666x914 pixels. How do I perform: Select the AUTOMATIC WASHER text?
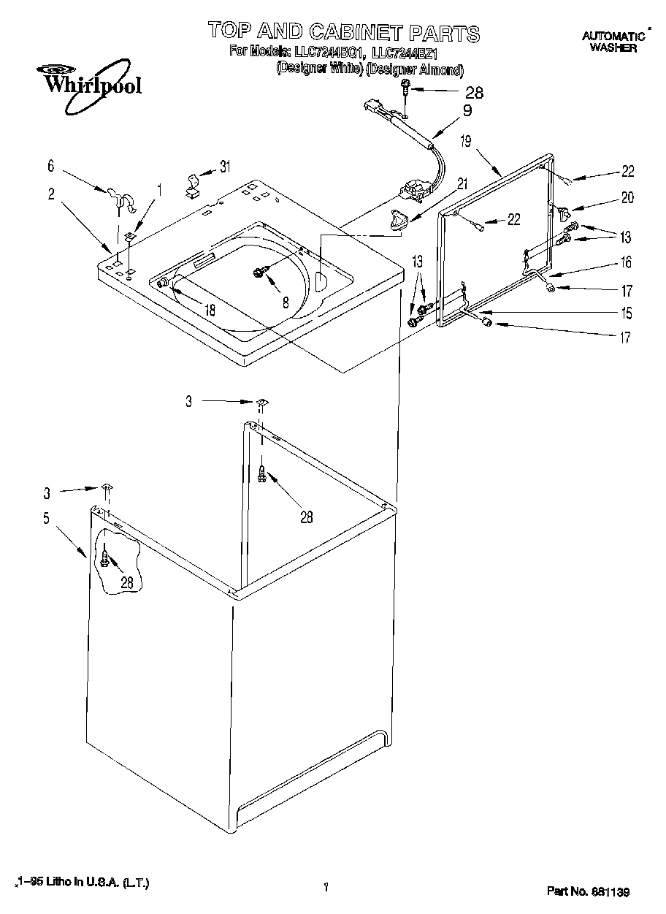pyautogui.click(x=613, y=42)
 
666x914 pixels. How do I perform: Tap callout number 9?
pyautogui.click(x=467, y=111)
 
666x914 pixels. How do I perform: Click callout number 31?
pyautogui.click(x=224, y=167)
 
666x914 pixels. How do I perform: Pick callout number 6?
pyautogui.click(x=50, y=167)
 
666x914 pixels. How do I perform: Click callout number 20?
pyautogui.click(x=627, y=197)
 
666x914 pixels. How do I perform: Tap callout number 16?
pyautogui.click(x=626, y=262)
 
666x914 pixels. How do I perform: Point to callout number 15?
pyautogui.click(x=626, y=313)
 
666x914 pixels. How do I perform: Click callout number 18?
pyautogui.click(x=210, y=310)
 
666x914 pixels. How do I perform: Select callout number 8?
pyautogui.click(x=285, y=300)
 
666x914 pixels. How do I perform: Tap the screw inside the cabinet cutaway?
pyautogui.click(x=107, y=559)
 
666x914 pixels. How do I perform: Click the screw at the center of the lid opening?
pyautogui.click(x=259, y=272)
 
